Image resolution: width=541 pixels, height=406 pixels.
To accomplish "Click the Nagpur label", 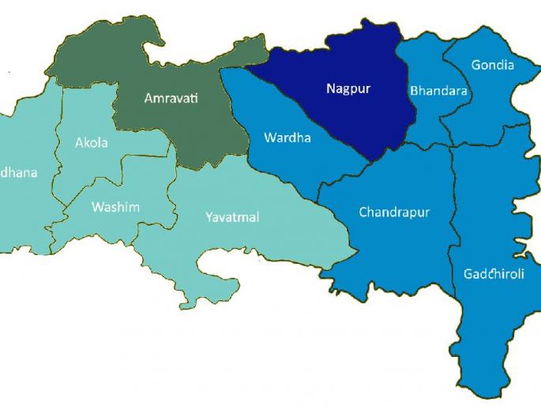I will [x=348, y=88].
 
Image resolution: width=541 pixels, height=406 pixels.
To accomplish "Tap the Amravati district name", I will [x=171, y=99].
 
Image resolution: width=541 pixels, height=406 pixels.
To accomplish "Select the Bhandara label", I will [x=438, y=91].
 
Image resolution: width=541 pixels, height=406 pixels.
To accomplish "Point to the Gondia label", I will [x=492, y=65].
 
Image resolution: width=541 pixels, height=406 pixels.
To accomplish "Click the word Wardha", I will [x=287, y=138].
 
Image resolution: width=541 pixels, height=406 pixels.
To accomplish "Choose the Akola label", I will [x=91, y=143].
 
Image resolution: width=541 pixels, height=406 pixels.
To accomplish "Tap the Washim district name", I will [x=115, y=207].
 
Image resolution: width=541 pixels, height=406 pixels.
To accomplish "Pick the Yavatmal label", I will [x=231, y=216].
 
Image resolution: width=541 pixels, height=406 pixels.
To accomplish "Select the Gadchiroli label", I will [x=493, y=274].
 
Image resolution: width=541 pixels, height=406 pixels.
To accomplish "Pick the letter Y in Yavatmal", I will [x=209, y=216].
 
